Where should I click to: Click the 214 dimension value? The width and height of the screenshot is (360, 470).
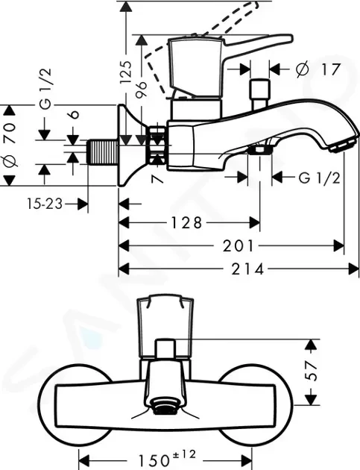[x=247, y=269]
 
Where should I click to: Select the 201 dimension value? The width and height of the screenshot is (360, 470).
[x=239, y=245]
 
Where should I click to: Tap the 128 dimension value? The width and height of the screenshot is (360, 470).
[x=186, y=223]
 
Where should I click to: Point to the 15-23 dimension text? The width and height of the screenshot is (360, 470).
[x=45, y=204]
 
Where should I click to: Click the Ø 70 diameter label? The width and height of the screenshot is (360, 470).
[x=10, y=145]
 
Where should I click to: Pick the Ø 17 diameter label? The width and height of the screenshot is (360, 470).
[x=318, y=69]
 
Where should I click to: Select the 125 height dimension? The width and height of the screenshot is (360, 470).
[x=126, y=72]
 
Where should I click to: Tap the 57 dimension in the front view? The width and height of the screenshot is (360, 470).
[x=312, y=371]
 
